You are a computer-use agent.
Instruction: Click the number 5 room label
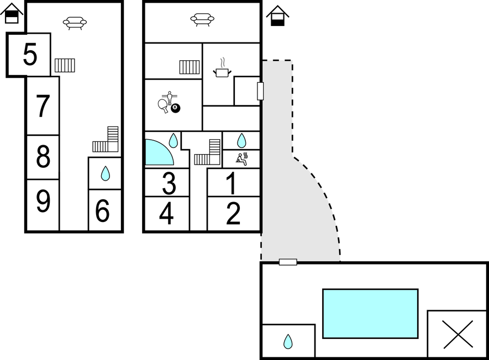[30, 55]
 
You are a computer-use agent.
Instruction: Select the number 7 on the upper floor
[43, 107]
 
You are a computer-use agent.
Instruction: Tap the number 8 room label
[43, 158]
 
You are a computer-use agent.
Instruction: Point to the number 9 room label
[43, 202]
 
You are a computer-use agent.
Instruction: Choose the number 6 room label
[103, 211]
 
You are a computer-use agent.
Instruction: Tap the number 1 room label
[233, 183]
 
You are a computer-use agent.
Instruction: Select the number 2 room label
[233, 214]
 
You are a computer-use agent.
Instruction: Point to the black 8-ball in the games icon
[176, 108]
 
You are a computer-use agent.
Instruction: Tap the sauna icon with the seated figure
[241, 159]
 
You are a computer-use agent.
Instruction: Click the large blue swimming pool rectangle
[370, 313]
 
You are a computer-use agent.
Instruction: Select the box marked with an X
[458, 334]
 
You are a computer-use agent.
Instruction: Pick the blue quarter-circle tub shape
[157, 153]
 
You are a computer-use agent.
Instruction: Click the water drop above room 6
[105, 174]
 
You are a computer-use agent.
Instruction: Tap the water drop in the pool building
[288, 342]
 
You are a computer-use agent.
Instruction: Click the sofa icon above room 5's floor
[75, 23]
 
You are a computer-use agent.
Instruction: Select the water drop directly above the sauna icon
[241, 140]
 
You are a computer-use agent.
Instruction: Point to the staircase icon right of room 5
[65, 65]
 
